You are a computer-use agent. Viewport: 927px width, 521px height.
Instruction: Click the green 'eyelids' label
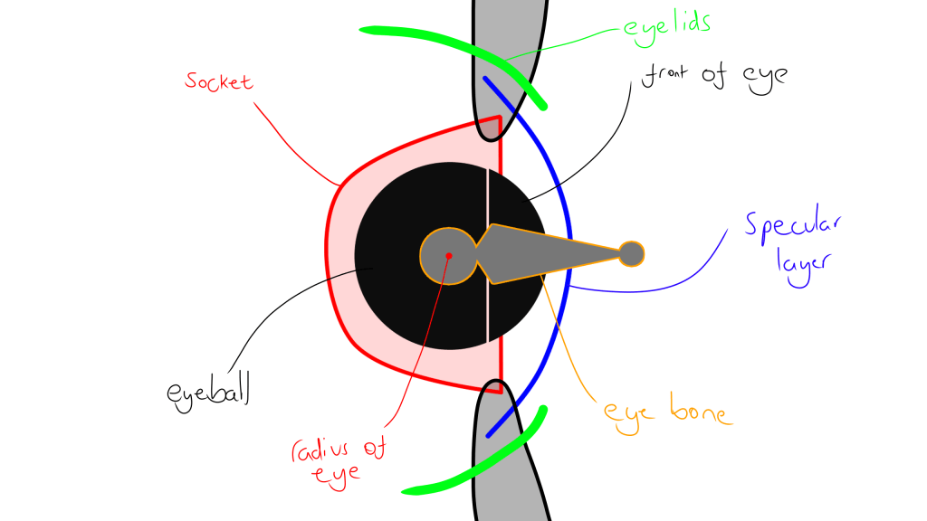665,24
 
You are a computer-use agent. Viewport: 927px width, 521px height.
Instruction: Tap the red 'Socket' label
218,81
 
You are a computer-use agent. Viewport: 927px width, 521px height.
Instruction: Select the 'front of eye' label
714,76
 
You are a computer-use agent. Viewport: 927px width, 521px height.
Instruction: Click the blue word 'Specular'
793,227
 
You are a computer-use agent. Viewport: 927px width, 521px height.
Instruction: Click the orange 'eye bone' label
667,413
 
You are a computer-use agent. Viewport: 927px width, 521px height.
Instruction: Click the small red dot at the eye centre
448,255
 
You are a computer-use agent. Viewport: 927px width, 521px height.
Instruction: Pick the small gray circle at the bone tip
631,254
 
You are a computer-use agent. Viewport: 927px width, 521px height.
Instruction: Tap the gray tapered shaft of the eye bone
552,251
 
